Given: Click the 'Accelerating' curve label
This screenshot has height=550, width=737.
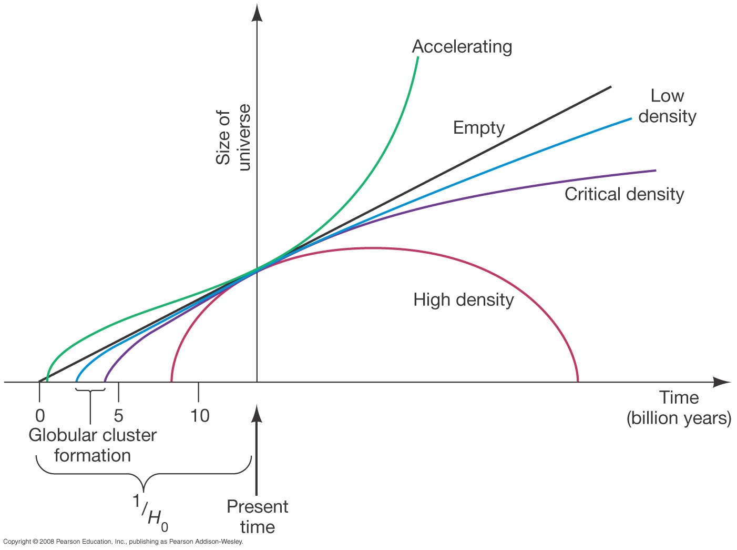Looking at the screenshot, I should point(462,47).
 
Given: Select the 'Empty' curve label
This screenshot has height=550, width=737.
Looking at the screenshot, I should point(478,128).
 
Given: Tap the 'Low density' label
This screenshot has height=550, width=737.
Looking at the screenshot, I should point(667,106).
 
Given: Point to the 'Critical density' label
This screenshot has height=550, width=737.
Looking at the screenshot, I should point(624,194).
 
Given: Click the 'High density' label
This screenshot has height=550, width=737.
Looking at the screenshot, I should point(463,300).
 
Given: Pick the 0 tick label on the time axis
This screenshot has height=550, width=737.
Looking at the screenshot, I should point(40,416).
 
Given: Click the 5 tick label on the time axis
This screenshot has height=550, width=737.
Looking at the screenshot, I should point(118,416).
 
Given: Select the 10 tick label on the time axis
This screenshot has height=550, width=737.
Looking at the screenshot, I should point(200,416).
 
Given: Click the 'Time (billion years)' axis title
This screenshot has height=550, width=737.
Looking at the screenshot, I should point(679,408).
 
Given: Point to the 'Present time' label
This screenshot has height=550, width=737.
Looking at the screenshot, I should point(257,516).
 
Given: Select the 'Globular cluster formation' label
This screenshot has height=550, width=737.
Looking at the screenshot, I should point(93,445).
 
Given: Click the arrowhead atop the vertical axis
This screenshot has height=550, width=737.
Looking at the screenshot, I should point(257,12).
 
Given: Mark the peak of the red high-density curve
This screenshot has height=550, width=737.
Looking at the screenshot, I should point(372,248).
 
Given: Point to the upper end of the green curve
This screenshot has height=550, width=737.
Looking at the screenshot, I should point(418,57).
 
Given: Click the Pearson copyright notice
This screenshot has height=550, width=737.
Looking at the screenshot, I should point(123,542).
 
